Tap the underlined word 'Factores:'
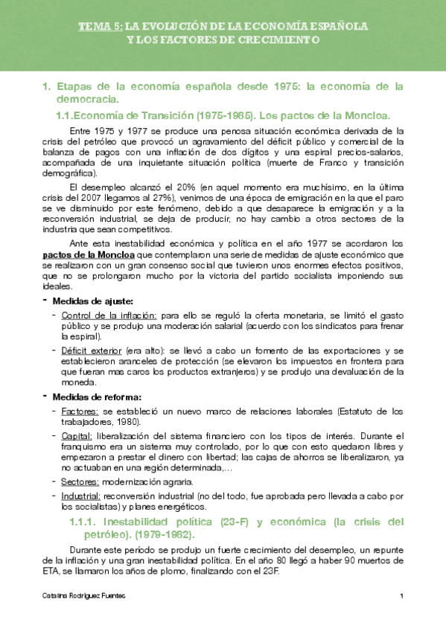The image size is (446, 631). (x=80, y=411)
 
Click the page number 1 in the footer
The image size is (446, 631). (x=401, y=596)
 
